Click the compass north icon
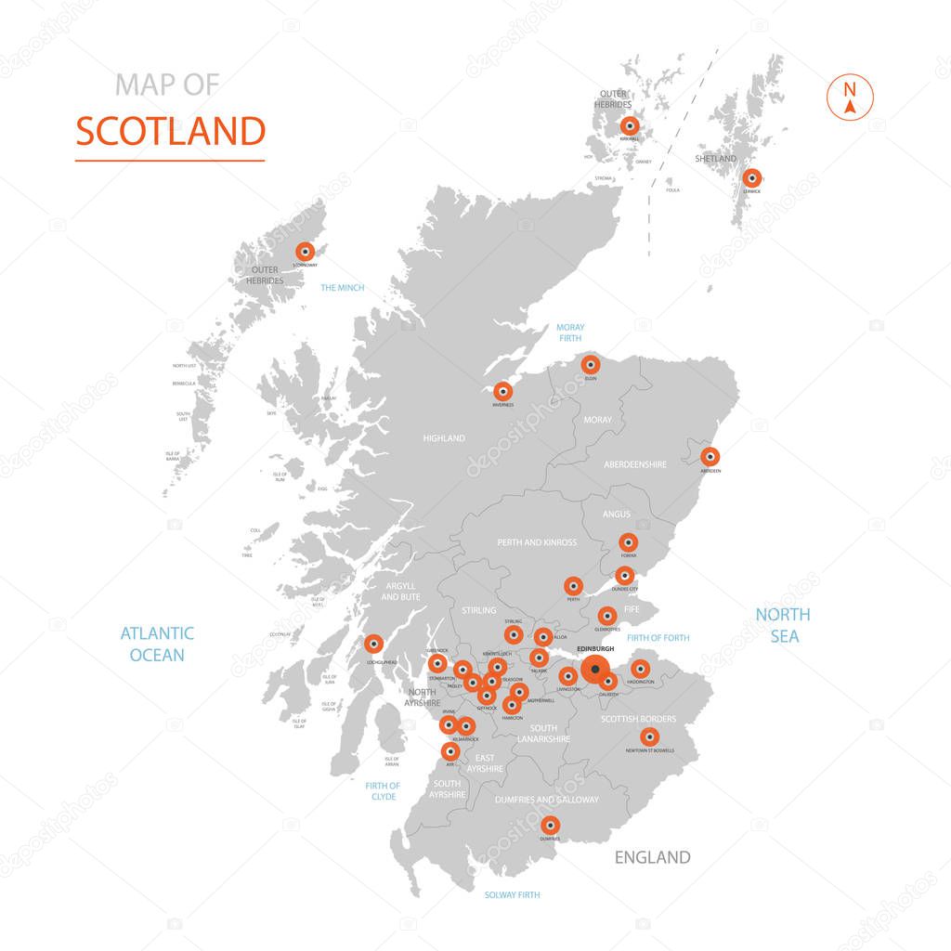[x=849, y=97]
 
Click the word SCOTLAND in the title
[x=170, y=132]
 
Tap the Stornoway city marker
[x=305, y=251]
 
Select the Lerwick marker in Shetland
[x=751, y=177]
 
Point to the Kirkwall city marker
[x=630, y=125]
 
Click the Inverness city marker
[x=502, y=391]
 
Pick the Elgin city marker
[x=591, y=364]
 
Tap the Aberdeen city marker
[x=710, y=456]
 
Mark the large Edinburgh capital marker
[x=595, y=669]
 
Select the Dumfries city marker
[x=550, y=825]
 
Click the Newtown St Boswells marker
[x=649, y=736]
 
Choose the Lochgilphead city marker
[x=373, y=643]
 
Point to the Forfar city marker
[x=628, y=542]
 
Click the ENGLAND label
[x=652, y=857]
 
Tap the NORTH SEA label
[x=782, y=625]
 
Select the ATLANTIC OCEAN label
[x=157, y=644]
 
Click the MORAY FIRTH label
[x=570, y=332]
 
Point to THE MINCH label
[x=342, y=288]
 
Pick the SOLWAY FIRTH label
[x=512, y=895]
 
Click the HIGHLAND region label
[x=444, y=438]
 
